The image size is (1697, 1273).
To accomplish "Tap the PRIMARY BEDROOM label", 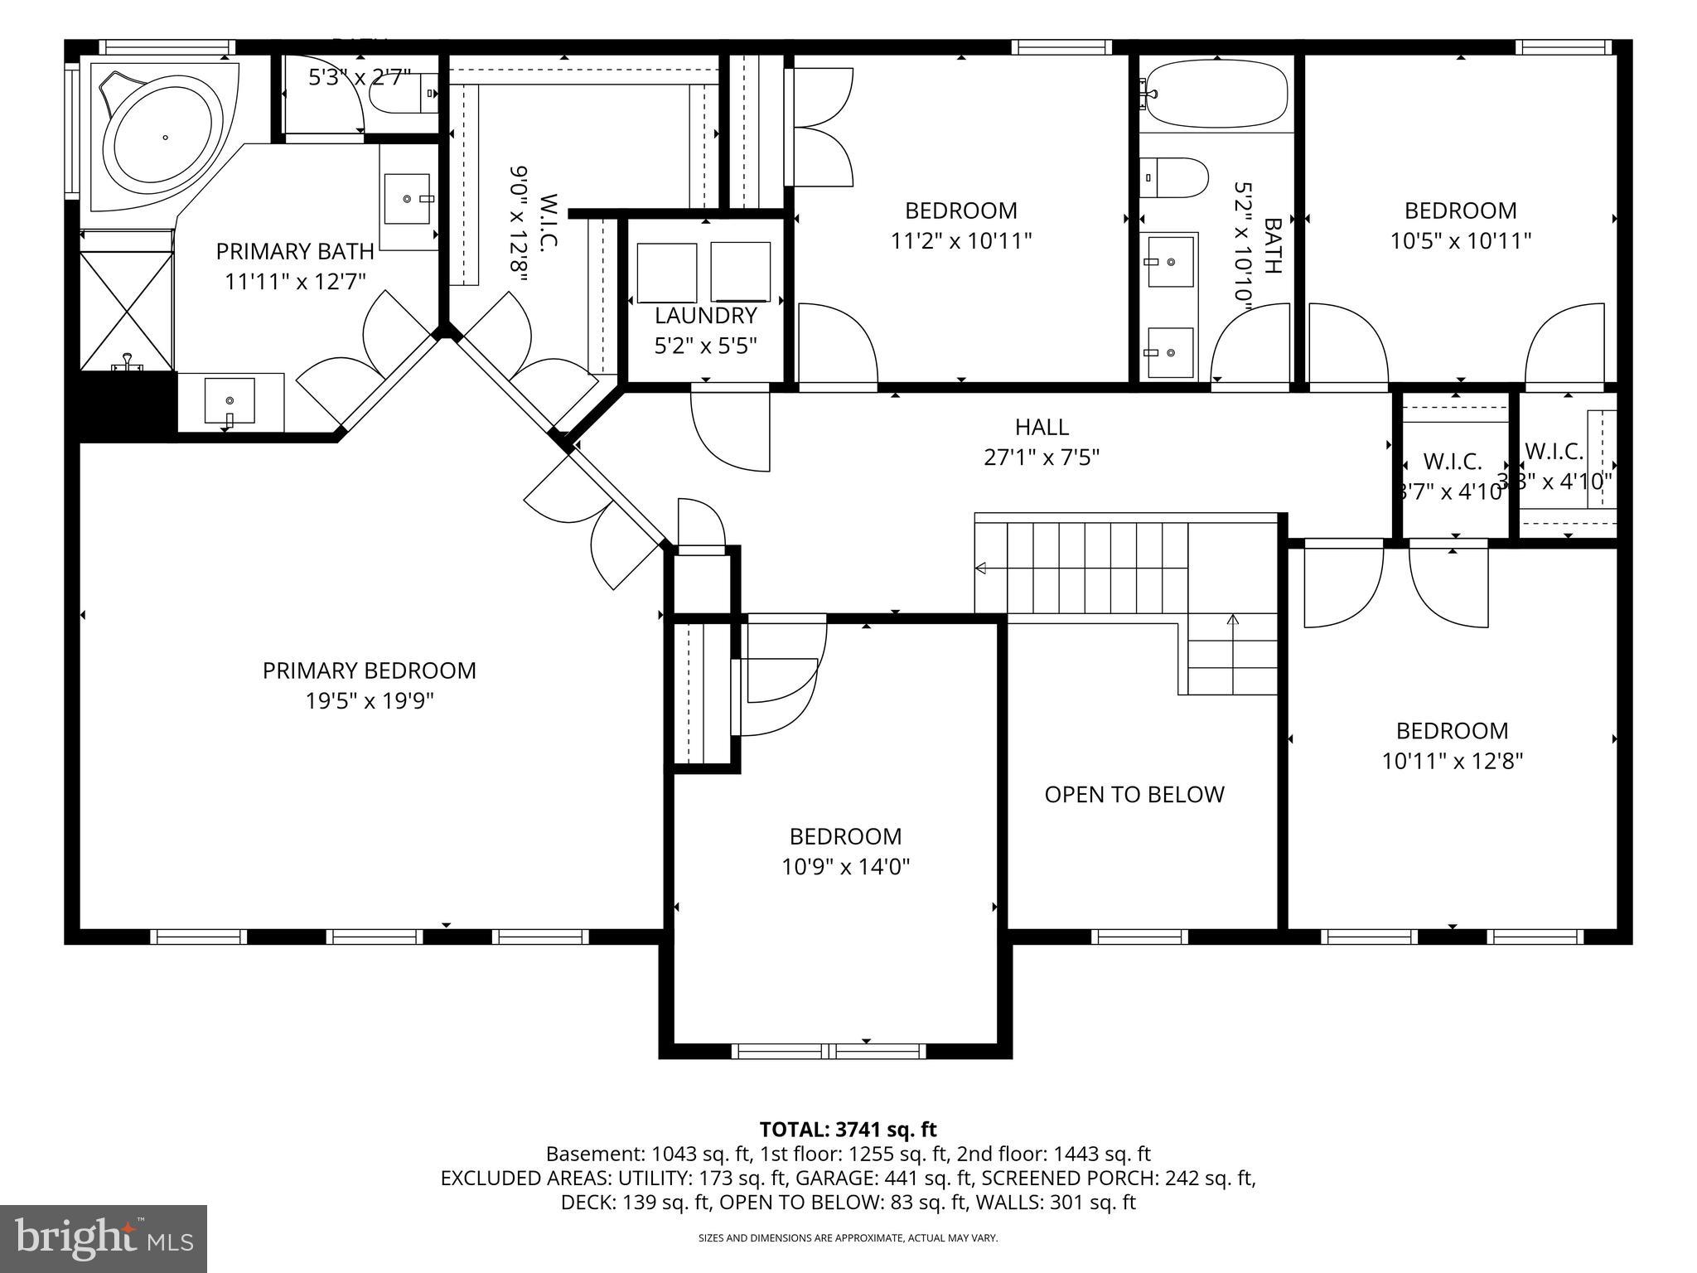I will pos(370,670).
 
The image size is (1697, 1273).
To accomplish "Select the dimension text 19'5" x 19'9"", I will pos(370,701).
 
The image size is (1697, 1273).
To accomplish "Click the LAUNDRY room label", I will pos(705,316).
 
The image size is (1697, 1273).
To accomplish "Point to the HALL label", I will pos(1042,427).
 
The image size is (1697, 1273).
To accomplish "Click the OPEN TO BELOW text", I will pos(1134,795).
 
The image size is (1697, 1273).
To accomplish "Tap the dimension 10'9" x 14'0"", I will pos(845,867).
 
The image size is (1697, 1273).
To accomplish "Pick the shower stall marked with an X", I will pos(127,312).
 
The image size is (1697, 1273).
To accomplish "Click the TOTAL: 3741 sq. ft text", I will pos(848,1130).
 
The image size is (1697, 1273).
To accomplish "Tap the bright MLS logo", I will pos(104,1239).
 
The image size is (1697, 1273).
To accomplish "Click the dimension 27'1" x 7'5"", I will pos(1042,457).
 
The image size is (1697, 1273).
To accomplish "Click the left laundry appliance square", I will pos(667,273).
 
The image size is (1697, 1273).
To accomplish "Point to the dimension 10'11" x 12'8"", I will pos(1452,761).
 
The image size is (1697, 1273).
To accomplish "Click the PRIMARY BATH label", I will pos(295,251).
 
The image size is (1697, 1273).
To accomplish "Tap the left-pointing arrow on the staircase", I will pos(981,568).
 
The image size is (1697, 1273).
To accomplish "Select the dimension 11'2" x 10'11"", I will pos(960,241).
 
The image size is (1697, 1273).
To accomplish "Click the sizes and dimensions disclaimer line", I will pos(848,1238).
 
